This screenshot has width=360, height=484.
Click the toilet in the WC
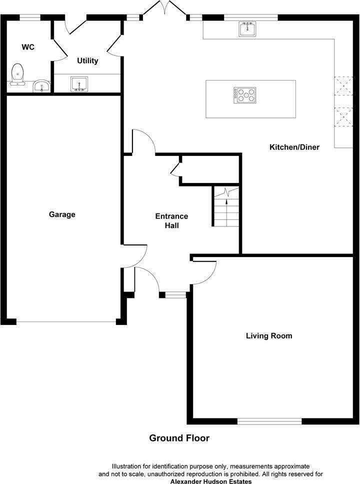point(18,74)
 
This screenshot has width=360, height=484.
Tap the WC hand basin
point(41,86)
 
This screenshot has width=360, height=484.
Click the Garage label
point(62,214)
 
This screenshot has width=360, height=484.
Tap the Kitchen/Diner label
point(294,147)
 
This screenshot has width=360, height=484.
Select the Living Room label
point(269,335)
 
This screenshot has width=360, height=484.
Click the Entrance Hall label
point(171,220)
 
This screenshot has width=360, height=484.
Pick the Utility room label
point(87,61)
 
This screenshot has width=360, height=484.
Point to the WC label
point(27,47)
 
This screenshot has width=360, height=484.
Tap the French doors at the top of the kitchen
point(164,8)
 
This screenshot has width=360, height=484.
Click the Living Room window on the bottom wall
point(269,421)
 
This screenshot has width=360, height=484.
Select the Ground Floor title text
point(179,438)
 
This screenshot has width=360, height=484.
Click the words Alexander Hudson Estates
point(211,481)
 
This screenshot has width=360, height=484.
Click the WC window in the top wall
point(30,17)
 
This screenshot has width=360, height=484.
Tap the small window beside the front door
point(175,295)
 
